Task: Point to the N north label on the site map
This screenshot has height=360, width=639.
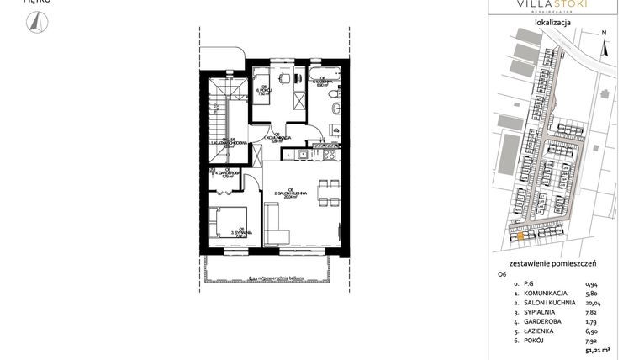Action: (604, 34)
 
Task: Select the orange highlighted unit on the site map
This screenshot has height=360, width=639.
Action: (521, 236)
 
